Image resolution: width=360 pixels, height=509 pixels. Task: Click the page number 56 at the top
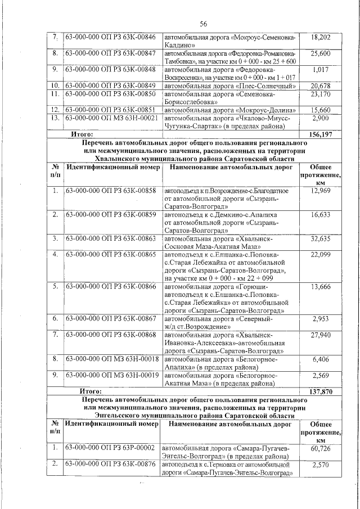click(x=203, y=23)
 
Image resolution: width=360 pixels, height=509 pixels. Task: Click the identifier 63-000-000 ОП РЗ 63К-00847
click(x=110, y=53)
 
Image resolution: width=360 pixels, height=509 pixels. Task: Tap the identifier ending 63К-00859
click(x=110, y=215)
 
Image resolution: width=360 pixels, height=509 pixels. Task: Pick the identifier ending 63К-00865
click(x=110, y=255)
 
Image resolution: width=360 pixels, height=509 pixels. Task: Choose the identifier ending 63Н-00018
click(x=110, y=359)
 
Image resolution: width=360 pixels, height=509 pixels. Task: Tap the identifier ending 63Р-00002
click(x=110, y=448)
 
